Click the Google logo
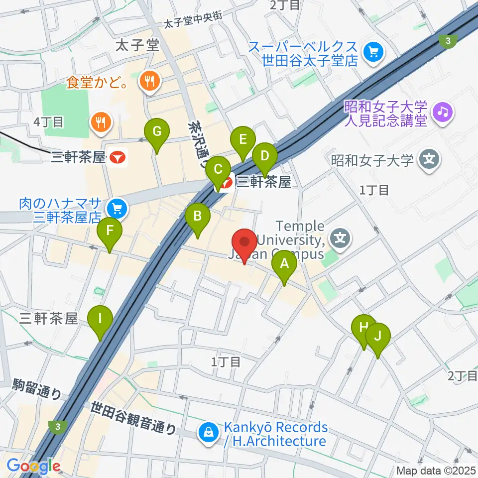[34, 467]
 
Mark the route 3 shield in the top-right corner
[449, 41]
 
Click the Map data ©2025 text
[436, 470]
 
